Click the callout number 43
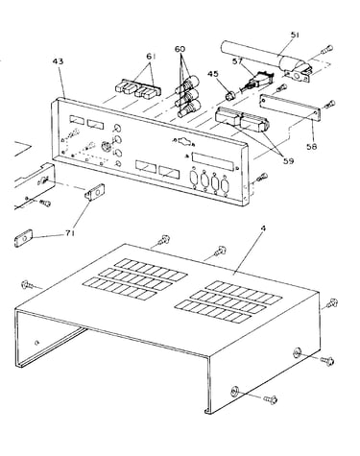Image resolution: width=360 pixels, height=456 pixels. pos(58,60)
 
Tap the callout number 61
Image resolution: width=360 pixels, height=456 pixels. pos(151,57)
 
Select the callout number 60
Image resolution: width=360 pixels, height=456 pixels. pos(180,49)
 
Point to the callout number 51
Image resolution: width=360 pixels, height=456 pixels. pos(295,35)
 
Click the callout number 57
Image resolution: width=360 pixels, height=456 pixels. pos(238,60)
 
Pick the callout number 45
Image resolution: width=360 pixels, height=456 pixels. pos(213,74)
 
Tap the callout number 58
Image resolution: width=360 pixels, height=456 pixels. pos(311,146)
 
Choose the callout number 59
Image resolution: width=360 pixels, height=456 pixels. pos(288,161)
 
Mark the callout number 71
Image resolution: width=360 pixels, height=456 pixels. pos(70,233)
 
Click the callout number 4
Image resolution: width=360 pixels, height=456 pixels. pos(263,228)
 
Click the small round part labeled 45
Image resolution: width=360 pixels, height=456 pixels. pos(230,95)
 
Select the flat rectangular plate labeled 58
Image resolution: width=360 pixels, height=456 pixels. pos(290,108)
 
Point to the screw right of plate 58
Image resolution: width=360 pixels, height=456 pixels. pos(330,104)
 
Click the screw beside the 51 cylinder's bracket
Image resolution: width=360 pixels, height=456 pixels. pos(326,50)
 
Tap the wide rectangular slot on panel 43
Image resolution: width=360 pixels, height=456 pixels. pos(213,161)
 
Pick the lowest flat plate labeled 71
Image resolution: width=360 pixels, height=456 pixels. pos(23,238)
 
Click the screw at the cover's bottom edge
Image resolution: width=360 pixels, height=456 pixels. pos(271,399)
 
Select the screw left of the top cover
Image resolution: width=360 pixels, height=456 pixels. pos(27,284)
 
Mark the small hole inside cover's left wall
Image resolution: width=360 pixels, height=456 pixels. pos(37,343)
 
